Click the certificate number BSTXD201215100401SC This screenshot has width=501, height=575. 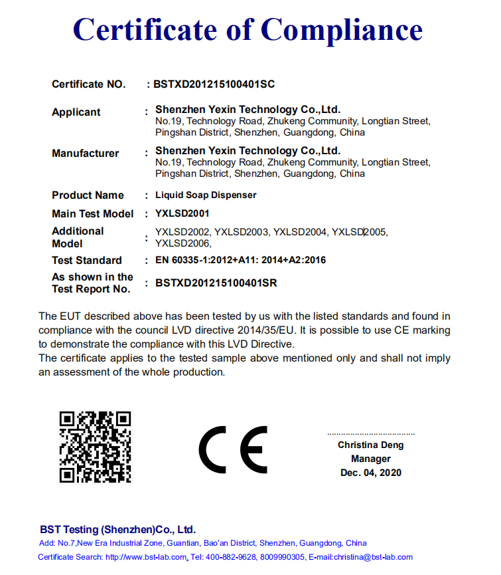(x=214, y=84)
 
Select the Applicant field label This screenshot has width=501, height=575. (x=76, y=112)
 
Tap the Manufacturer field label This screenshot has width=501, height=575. (x=86, y=153)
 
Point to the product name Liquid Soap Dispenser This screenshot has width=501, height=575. (x=206, y=195)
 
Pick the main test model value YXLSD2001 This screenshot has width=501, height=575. (x=182, y=213)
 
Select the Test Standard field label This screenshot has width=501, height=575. (x=87, y=260)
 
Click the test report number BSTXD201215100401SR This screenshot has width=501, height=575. (x=216, y=283)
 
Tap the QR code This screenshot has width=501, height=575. (x=95, y=446)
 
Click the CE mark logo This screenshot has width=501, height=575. (x=234, y=449)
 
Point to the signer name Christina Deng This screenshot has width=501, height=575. (x=370, y=445)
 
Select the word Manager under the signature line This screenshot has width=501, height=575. (x=371, y=459)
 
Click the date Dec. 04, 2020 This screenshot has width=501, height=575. (x=371, y=473)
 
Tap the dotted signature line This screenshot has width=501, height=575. (x=371, y=433)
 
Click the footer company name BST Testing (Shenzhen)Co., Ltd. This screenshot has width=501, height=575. (x=117, y=530)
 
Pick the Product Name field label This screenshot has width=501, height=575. (x=88, y=195)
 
